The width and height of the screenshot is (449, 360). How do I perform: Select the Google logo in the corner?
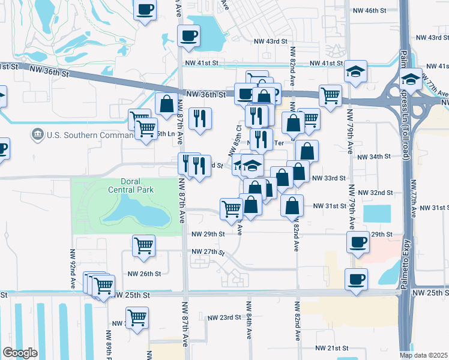tap(19, 353)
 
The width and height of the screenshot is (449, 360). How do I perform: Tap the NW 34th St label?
tap(374, 157)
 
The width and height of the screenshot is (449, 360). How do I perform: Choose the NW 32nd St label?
tap(375, 193)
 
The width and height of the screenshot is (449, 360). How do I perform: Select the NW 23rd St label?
tap(224, 317)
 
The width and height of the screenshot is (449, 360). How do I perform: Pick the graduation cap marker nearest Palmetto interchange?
tap(411, 79)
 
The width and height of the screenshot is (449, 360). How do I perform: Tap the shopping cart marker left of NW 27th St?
tap(144, 244)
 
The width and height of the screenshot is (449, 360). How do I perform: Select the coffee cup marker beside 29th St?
tap(358, 242)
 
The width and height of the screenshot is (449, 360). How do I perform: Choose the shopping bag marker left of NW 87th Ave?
tap(166, 103)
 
